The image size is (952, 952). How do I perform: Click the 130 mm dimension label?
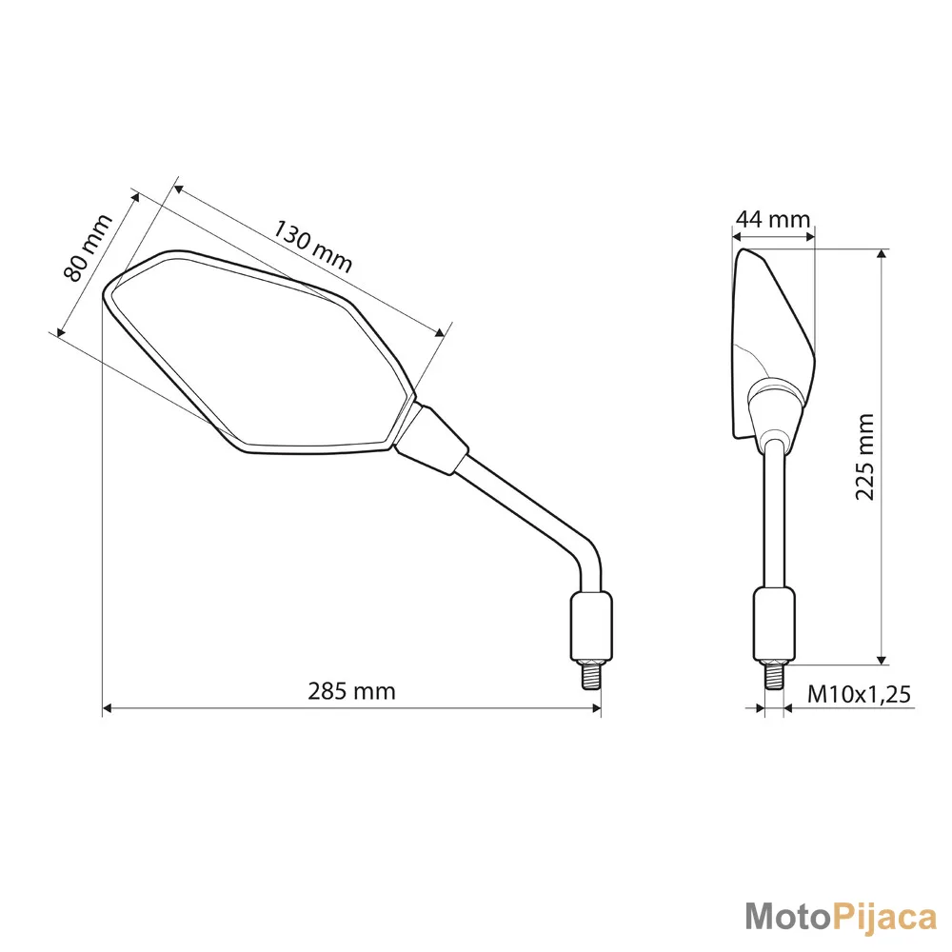click(312, 246)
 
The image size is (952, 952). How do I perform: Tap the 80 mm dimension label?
click(88, 248)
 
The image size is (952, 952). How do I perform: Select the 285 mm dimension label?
click(351, 691)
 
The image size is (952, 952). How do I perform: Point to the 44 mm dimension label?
click(773, 219)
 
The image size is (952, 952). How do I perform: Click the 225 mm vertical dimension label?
click(864, 457)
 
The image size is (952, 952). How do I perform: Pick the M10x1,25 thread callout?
click(859, 694)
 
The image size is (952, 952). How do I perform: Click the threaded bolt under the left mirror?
click(592, 675)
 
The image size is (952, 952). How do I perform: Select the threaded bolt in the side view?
click(774, 675)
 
